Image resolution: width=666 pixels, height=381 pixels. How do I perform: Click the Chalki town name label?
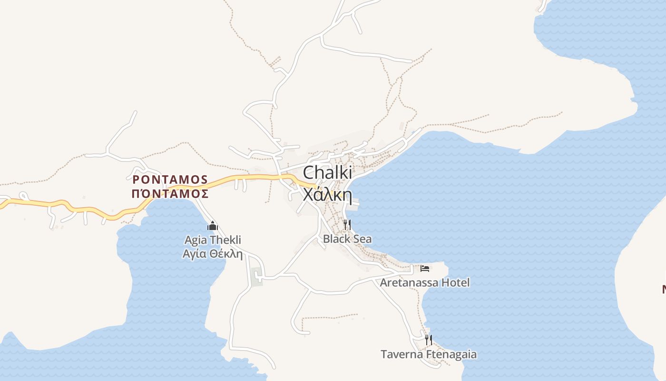click(327, 173)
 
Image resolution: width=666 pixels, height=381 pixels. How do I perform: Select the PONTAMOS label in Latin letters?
click(170, 180)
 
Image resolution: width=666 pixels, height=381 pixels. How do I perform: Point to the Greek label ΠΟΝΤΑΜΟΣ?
click(170, 193)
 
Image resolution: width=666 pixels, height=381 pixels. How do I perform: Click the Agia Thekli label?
click(213, 240)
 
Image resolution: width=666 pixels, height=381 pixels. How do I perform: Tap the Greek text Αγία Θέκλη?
click(213, 253)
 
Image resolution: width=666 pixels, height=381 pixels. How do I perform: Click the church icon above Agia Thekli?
click(213, 226)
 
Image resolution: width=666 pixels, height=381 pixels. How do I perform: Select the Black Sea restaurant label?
click(347, 239)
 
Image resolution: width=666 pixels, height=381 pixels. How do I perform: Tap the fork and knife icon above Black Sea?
click(347, 225)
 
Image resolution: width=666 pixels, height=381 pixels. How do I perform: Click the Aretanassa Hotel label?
click(424, 282)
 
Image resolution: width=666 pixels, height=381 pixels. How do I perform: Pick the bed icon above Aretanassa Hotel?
click(425, 269)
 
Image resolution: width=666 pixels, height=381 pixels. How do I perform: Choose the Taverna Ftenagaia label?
click(428, 354)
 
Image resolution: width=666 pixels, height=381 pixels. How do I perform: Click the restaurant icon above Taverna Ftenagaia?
click(429, 340)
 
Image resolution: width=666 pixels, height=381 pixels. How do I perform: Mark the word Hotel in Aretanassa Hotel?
click(455, 282)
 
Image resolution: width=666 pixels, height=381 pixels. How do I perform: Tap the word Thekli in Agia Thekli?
click(225, 240)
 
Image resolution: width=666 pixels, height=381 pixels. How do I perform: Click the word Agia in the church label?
click(196, 240)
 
